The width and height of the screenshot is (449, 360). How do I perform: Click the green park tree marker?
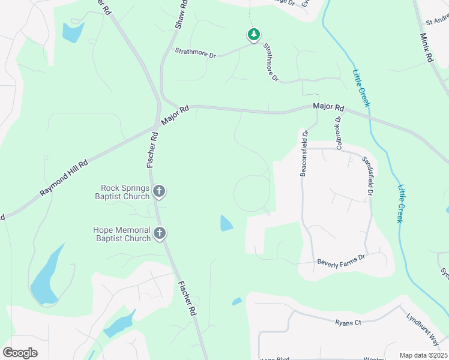pos(254,35)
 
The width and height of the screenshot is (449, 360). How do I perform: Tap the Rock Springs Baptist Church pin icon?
pos(159,192)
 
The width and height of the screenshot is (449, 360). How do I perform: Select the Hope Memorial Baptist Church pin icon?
pos(159,233)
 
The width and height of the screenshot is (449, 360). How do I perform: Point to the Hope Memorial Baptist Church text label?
pos(122,234)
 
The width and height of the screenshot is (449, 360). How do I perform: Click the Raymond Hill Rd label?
pos(64,178)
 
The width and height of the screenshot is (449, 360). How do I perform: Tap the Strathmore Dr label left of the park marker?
pos(195,53)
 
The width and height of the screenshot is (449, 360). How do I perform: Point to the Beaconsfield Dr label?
pos(304,153)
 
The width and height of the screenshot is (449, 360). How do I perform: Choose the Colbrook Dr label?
pos(339,133)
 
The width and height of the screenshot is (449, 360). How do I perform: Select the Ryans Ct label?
pos(348,322)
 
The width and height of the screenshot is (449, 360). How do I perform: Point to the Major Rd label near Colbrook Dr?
pos(328,107)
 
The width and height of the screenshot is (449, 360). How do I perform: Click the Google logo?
pos(20,352)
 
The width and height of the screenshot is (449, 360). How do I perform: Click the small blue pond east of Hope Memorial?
pos(226,223)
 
